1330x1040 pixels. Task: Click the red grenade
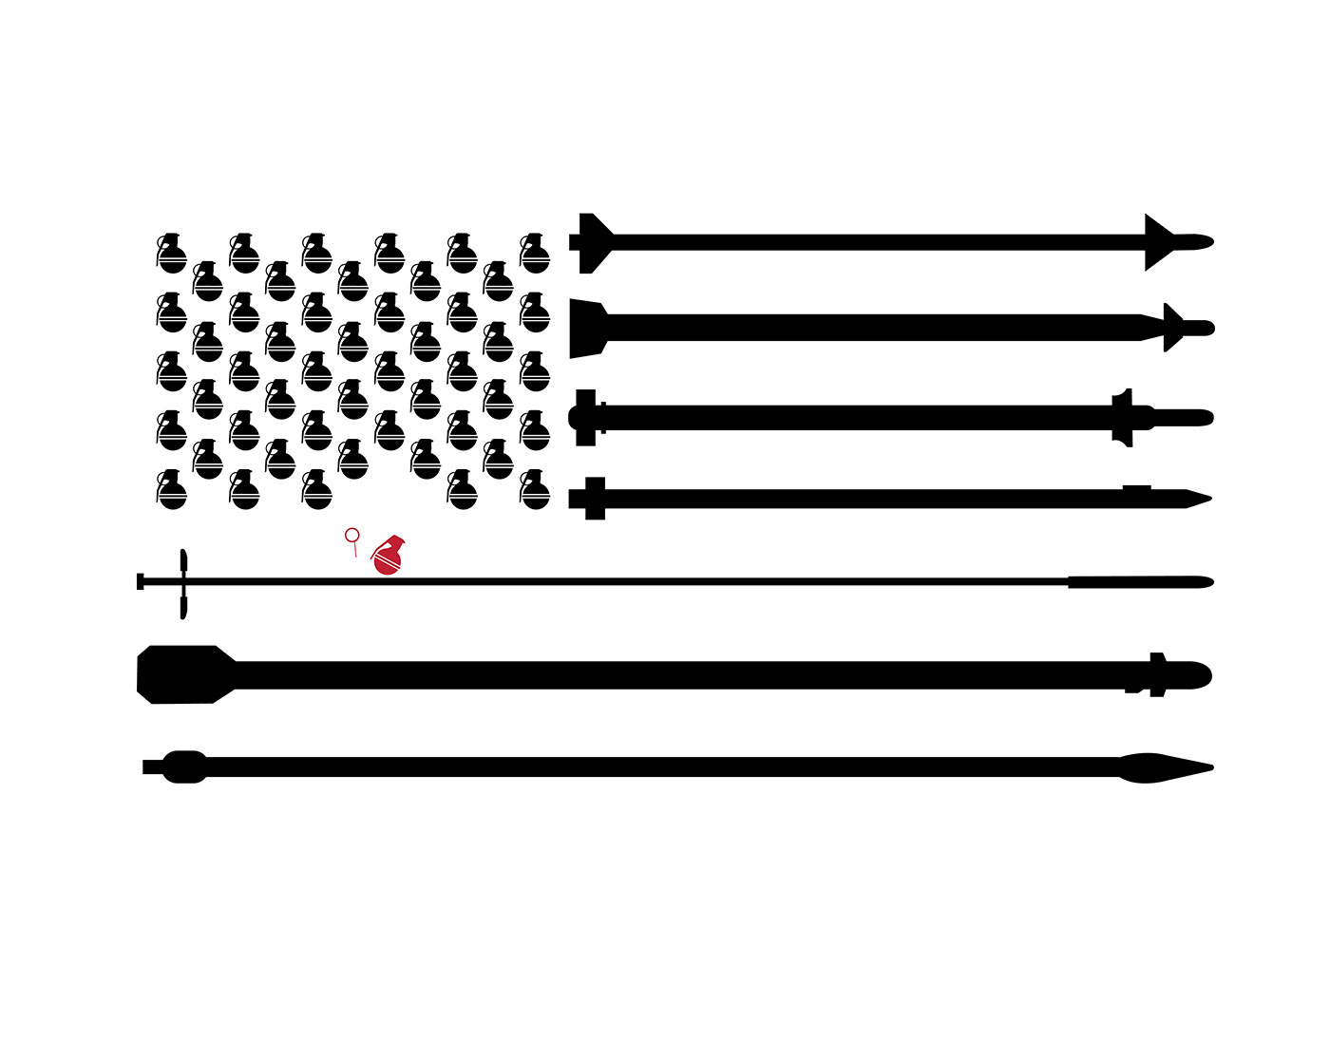pyautogui.click(x=387, y=558)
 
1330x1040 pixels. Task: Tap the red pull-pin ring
pyautogui.click(x=351, y=536)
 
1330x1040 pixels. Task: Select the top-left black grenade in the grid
pyautogui.click(x=171, y=254)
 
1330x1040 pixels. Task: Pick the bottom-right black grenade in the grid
pyautogui.click(x=535, y=490)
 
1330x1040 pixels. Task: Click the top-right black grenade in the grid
pyautogui.click(x=535, y=254)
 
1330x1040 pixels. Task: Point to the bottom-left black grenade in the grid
pyautogui.click(x=171, y=490)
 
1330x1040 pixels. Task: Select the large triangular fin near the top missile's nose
pyautogui.click(x=1158, y=242)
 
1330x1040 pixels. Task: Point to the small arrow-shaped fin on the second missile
pyautogui.click(x=1172, y=328)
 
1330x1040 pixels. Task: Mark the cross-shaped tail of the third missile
pyautogui.click(x=585, y=417)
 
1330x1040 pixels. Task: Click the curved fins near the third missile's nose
pyautogui.click(x=1123, y=417)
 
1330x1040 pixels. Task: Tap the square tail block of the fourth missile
pyautogui.click(x=595, y=499)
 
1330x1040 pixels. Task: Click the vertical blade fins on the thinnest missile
pyautogui.click(x=182, y=583)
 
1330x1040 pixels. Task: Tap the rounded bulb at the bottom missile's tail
pyautogui.click(x=184, y=766)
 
